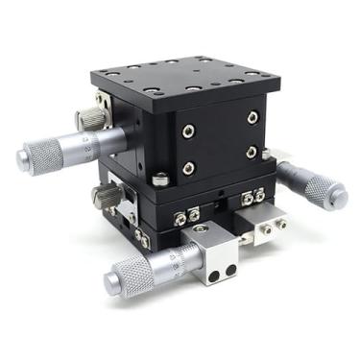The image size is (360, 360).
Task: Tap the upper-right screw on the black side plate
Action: point(252,117)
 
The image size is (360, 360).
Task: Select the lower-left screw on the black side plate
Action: point(189,169)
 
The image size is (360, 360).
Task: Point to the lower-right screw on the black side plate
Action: point(252,152)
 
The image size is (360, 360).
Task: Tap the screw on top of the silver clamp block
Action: point(200,229)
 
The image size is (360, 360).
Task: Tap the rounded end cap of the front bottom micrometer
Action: point(110,279)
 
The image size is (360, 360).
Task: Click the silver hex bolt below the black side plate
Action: point(160,179)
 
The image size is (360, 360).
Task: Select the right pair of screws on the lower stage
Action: point(254,197)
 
